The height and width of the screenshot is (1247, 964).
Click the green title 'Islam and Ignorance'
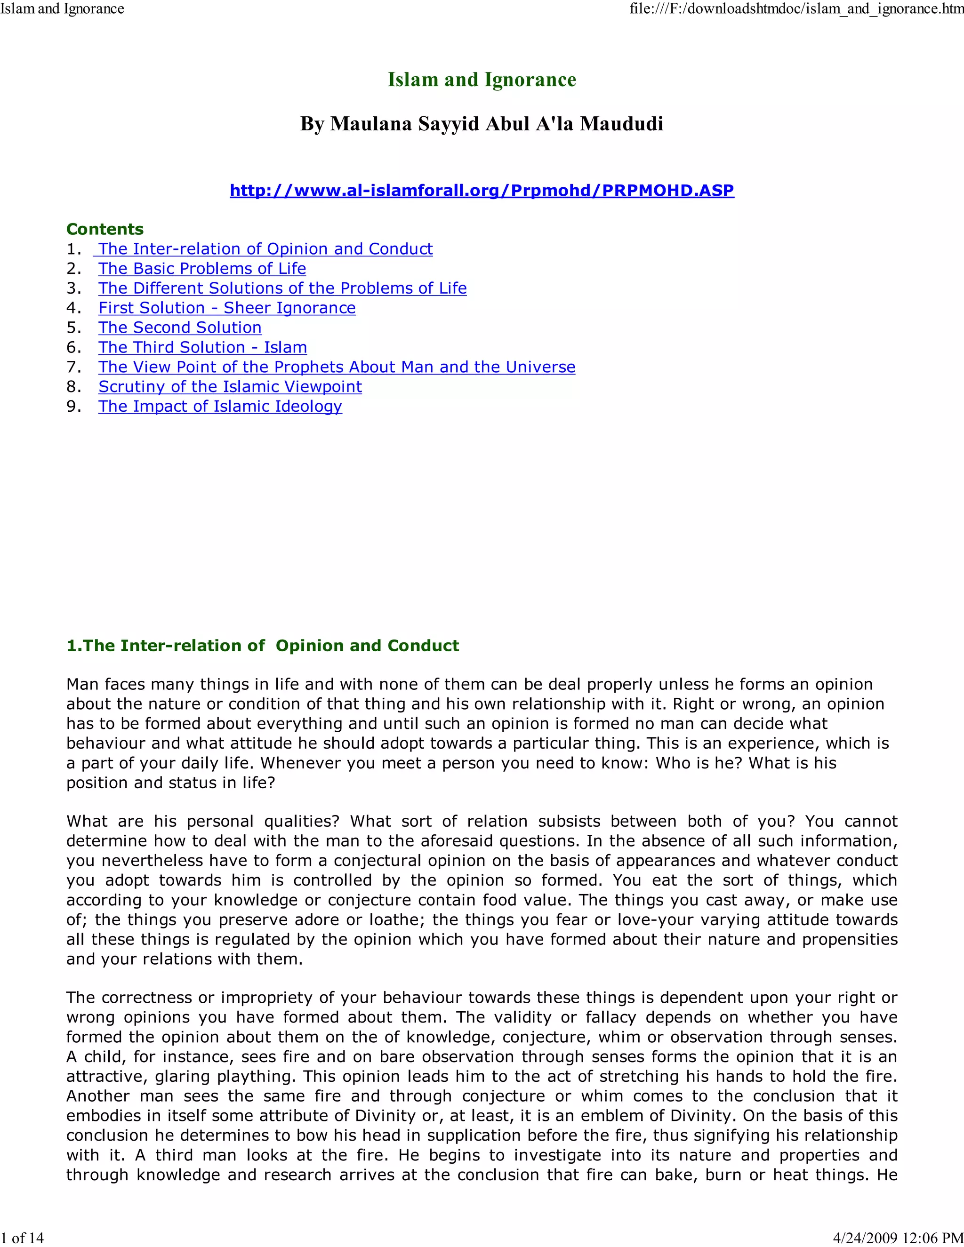482,80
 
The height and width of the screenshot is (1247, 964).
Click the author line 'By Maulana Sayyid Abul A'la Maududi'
482,124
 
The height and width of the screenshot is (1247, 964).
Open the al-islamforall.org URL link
482,190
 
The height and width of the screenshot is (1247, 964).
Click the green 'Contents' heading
105,230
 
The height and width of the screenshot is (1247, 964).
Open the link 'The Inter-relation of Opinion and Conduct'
265,249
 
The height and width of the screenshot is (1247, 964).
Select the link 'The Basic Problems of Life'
201,268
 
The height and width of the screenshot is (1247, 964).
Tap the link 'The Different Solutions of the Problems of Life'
282,288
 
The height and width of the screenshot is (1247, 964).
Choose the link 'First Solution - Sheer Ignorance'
227,308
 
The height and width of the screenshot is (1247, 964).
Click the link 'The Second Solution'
180,328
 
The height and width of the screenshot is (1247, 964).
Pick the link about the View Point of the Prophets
337,367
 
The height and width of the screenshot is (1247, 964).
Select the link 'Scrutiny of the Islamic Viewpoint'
230,386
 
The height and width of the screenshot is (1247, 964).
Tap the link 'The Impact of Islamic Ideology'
220,407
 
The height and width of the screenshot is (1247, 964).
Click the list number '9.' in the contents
74,407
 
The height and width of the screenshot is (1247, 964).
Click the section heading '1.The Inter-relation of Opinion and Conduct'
263,646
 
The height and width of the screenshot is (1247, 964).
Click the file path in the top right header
796,8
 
